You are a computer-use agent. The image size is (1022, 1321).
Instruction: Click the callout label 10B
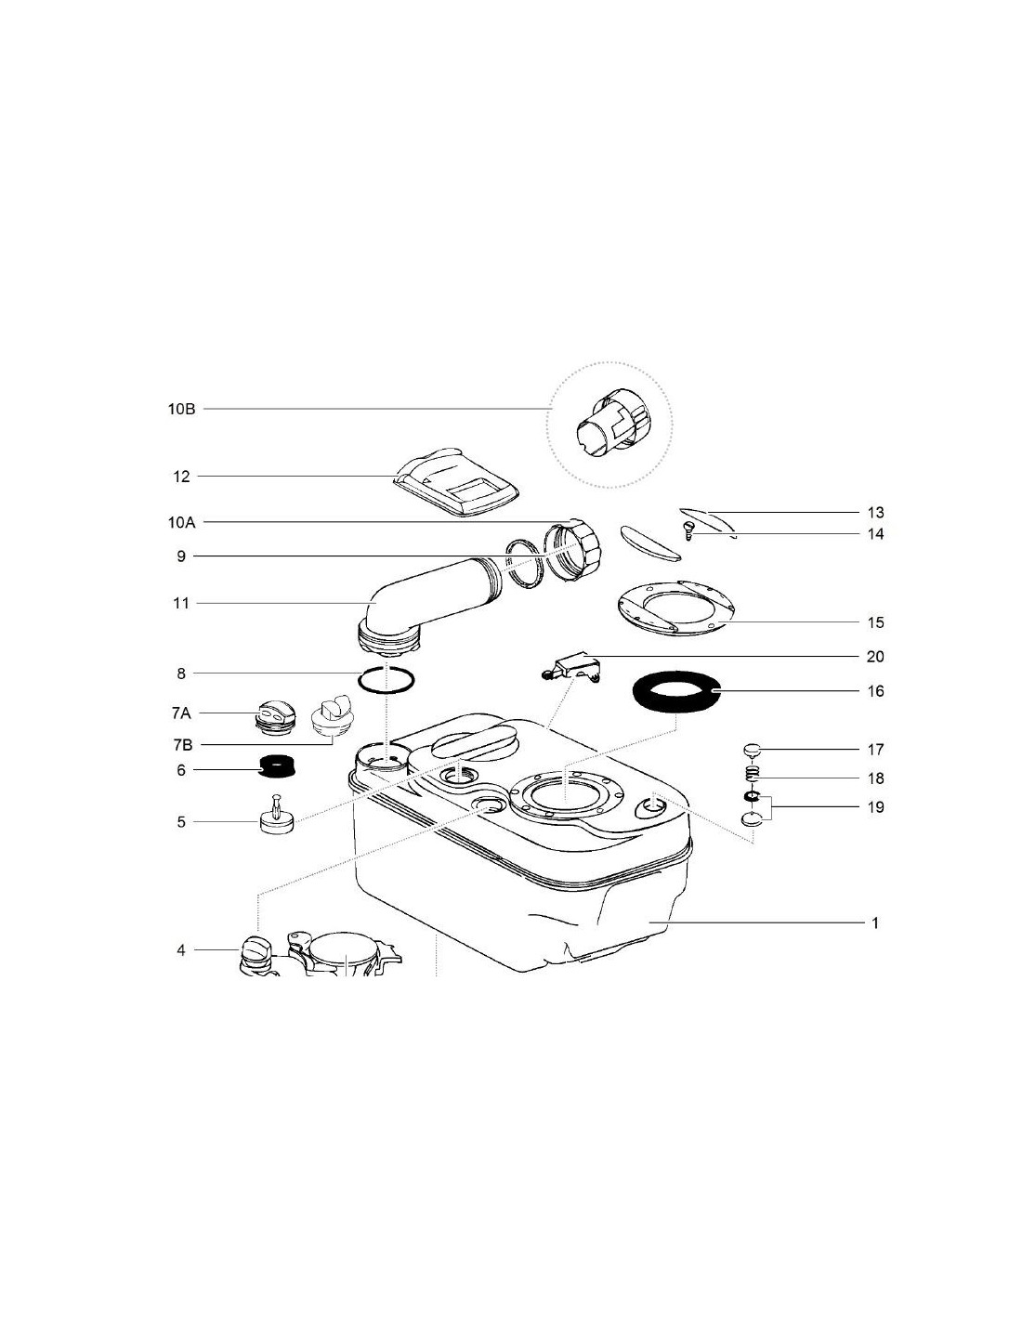click(181, 409)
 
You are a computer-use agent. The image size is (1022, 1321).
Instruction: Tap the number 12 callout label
click(181, 476)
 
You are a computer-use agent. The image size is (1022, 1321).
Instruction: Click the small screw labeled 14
click(688, 529)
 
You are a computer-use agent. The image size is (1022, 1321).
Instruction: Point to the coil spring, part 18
click(752, 775)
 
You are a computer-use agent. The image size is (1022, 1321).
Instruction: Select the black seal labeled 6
click(276, 766)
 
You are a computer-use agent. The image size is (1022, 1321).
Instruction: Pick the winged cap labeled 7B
click(332, 717)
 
